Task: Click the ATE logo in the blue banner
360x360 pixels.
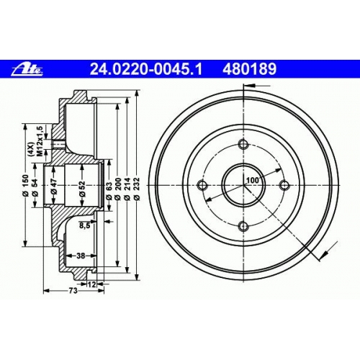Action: tap(27, 70)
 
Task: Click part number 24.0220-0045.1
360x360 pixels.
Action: tap(146, 69)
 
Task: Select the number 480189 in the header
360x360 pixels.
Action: tap(250, 69)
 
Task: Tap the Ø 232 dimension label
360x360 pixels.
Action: tap(137, 189)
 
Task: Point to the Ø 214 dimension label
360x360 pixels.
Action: tap(127, 189)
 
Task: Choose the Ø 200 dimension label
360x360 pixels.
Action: tap(117, 189)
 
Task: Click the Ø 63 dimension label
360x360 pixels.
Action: tap(109, 191)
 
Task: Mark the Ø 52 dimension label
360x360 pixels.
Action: tap(82, 189)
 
